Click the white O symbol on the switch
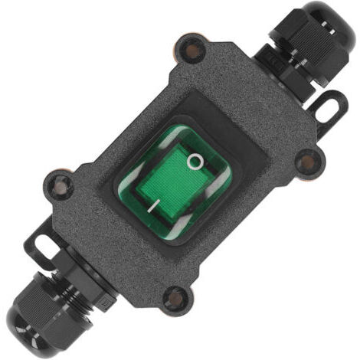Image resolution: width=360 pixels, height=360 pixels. coord(195,162)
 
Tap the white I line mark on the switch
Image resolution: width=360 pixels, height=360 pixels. coord(154,206)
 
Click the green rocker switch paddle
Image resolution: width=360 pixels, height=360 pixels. coord(175,182)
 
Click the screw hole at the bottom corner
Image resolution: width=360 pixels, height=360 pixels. coord(176,298)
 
